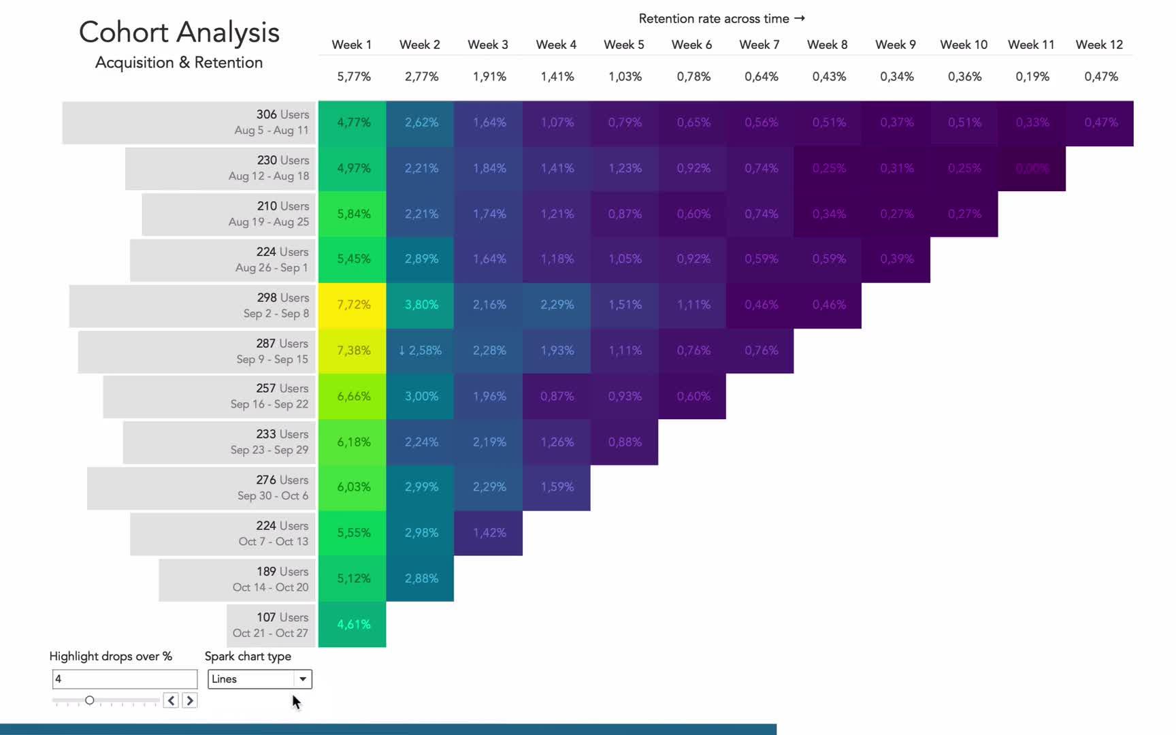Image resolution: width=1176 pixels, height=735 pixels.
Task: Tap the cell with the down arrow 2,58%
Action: (x=420, y=350)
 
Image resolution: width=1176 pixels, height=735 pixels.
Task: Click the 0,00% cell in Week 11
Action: (x=1032, y=168)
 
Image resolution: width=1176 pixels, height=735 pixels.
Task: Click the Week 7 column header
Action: (x=759, y=45)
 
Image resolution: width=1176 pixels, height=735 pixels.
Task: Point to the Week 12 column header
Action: (x=1099, y=45)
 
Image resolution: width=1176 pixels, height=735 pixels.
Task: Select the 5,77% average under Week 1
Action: (x=354, y=77)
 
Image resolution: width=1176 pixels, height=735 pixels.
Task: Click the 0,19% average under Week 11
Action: (x=1032, y=77)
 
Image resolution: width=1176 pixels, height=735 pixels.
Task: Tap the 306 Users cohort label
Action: (x=282, y=114)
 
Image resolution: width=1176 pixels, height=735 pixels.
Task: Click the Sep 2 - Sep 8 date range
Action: (x=276, y=314)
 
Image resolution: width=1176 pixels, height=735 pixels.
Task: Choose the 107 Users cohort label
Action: (x=282, y=617)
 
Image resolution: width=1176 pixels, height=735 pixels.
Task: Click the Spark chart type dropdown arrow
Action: (x=303, y=679)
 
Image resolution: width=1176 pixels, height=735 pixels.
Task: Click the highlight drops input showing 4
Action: (x=125, y=679)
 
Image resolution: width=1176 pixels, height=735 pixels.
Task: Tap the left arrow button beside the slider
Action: (x=171, y=700)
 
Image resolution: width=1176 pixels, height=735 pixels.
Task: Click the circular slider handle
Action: (x=89, y=700)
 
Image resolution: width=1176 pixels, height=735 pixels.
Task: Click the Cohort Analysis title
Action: (x=179, y=33)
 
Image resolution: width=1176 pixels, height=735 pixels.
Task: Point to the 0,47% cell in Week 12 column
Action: (x=1100, y=122)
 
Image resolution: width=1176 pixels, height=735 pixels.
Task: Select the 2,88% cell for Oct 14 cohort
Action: (x=421, y=578)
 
